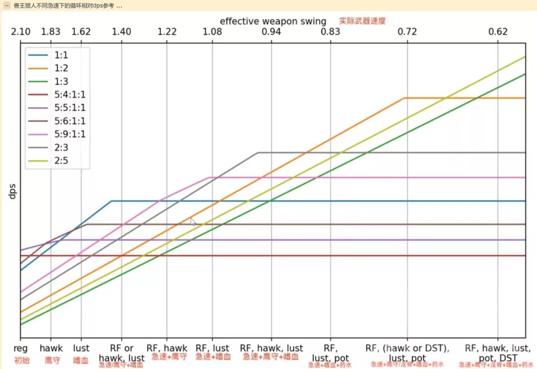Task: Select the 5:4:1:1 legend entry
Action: point(70,94)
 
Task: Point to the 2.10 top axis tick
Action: point(20,32)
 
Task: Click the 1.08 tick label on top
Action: point(212,32)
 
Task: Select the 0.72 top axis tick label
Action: point(407,32)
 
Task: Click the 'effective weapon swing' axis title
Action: point(273,21)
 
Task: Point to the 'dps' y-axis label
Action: point(11,191)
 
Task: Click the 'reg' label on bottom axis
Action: point(20,349)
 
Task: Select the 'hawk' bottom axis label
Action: point(51,349)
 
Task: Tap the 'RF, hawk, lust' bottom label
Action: point(271,349)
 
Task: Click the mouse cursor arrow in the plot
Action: point(193,221)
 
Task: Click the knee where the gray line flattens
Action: point(258,152)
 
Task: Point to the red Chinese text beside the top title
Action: point(362,21)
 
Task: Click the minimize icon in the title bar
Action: point(7,5)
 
